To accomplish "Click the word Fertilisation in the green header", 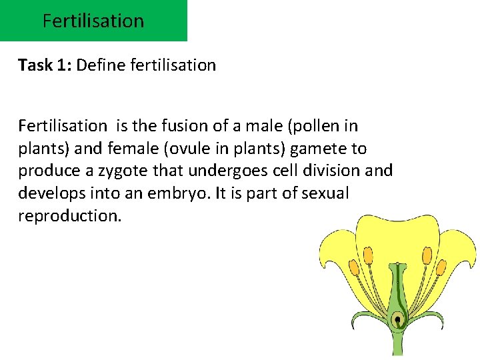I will click(x=93, y=21).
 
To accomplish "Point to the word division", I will click(x=338, y=171).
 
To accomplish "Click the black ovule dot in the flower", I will click(x=397, y=319).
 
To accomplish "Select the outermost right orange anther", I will click(x=441, y=269).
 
